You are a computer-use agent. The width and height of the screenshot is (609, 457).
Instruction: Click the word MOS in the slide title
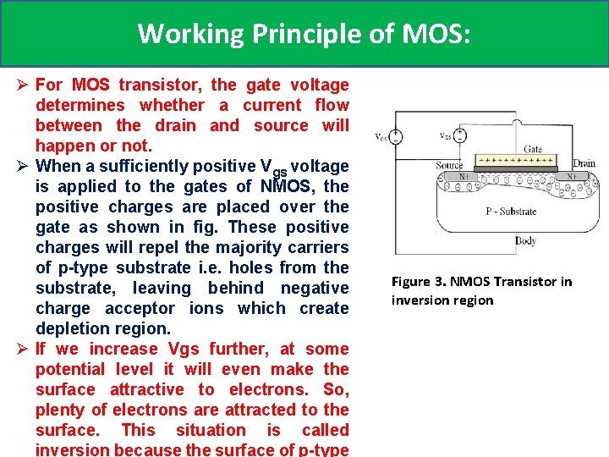point(431,33)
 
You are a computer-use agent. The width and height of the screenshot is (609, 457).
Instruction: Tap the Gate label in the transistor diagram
point(533,149)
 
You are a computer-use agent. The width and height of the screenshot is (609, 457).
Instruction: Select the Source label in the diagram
point(449,165)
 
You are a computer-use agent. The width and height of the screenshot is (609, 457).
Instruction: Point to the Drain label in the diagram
point(584,162)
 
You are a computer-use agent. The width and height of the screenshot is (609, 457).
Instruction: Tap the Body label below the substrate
point(525,241)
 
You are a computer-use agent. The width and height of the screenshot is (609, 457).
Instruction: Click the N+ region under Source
point(464,176)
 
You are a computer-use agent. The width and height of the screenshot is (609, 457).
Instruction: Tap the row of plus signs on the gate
point(515,159)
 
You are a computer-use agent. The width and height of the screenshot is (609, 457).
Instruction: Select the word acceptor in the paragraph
point(202,308)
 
